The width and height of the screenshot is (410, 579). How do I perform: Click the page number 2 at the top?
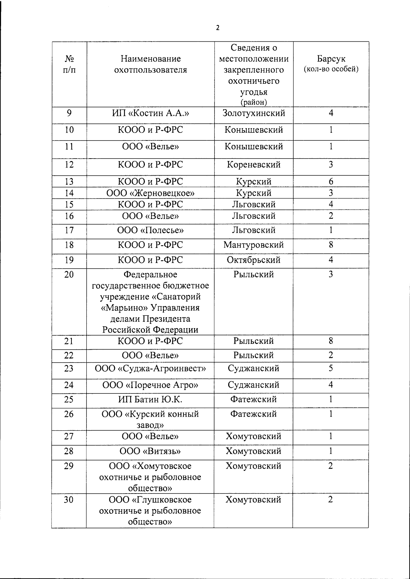click(x=217, y=28)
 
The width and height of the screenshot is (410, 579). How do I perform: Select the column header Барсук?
click(x=331, y=59)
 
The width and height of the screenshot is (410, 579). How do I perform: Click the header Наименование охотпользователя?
click(x=150, y=64)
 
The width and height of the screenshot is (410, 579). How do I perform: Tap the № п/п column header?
click(x=69, y=64)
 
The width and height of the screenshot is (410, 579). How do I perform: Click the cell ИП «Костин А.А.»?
click(x=150, y=113)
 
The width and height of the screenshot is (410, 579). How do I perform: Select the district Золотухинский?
click(x=254, y=113)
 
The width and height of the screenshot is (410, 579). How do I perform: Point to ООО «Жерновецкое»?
click(x=150, y=193)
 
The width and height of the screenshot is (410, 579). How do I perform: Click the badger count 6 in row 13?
click(x=331, y=181)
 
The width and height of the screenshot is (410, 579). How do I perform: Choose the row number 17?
click(x=69, y=230)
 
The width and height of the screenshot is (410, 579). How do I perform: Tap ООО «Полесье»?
click(x=150, y=230)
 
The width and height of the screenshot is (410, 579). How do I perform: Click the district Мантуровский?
click(x=254, y=245)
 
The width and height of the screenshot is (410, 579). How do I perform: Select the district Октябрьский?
click(x=254, y=260)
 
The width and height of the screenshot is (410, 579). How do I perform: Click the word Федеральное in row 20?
click(x=150, y=275)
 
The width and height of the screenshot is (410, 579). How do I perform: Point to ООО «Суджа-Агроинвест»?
click(x=150, y=368)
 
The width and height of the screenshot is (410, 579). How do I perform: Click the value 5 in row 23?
click(x=330, y=368)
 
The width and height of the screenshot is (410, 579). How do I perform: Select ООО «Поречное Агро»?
click(x=150, y=385)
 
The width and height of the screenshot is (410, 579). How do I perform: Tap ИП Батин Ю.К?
click(x=150, y=400)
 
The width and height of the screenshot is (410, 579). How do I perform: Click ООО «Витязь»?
click(x=150, y=451)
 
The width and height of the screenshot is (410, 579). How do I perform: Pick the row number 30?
click(x=69, y=500)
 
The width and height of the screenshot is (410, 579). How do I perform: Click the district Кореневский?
click(x=254, y=165)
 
